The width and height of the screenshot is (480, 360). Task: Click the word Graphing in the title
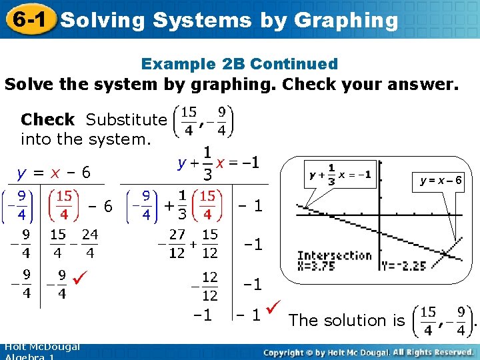pyautogui.click(x=345, y=21)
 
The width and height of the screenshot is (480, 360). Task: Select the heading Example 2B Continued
pyautogui.click(x=239, y=64)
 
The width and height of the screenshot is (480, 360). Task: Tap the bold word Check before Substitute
pyautogui.click(x=47, y=120)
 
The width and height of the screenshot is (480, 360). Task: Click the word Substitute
pyautogui.click(x=126, y=120)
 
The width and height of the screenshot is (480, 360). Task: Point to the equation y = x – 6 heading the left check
pyautogui.click(x=53, y=172)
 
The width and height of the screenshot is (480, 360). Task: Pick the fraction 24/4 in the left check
pyautogui.click(x=90, y=244)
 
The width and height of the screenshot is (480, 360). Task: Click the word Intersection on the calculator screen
pyautogui.click(x=333, y=256)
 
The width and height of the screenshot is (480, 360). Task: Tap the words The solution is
pyautogui.click(x=347, y=320)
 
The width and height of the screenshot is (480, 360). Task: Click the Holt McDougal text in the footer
pyautogui.click(x=42, y=347)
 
